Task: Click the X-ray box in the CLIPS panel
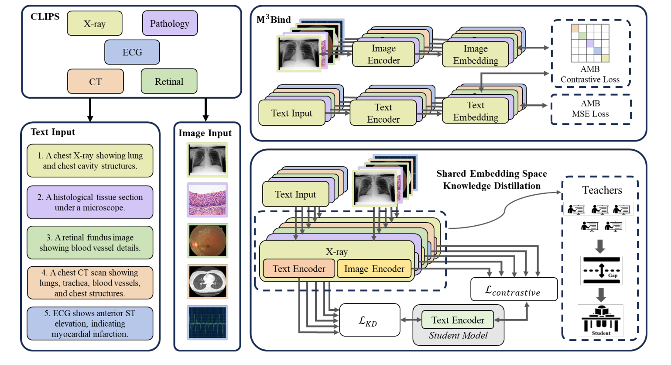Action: pyautogui.click(x=94, y=24)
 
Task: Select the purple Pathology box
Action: pyautogui.click(x=170, y=23)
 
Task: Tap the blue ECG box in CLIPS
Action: pyautogui.click(x=132, y=52)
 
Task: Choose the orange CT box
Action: pyautogui.click(x=95, y=81)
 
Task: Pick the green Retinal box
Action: pyautogui.click(x=169, y=81)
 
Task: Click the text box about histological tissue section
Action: pyautogui.click(x=90, y=202)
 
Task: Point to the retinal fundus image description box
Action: pyautogui.click(x=90, y=242)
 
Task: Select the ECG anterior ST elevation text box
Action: pyautogui.click(x=90, y=324)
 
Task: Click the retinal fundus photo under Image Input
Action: pyautogui.click(x=207, y=241)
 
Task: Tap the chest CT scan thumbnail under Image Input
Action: pyautogui.click(x=207, y=282)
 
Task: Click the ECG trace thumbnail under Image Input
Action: pyautogui.click(x=207, y=323)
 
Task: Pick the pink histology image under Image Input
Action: pyautogui.click(x=207, y=200)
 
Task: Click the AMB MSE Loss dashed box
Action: pyautogui.click(x=590, y=109)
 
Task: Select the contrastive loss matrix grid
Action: pyautogui.click(x=590, y=43)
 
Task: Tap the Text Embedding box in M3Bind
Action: pyautogui.click(x=475, y=111)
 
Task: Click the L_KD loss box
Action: pyautogui.click(x=369, y=320)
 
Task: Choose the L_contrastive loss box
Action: pyautogui.click(x=514, y=289)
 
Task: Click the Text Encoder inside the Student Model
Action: pyautogui.click(x=458, y=320)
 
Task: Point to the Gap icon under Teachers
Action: pyautogui.click(x=601, y=271)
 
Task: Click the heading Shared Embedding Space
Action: pyautogui.click(x=491, y=173)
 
